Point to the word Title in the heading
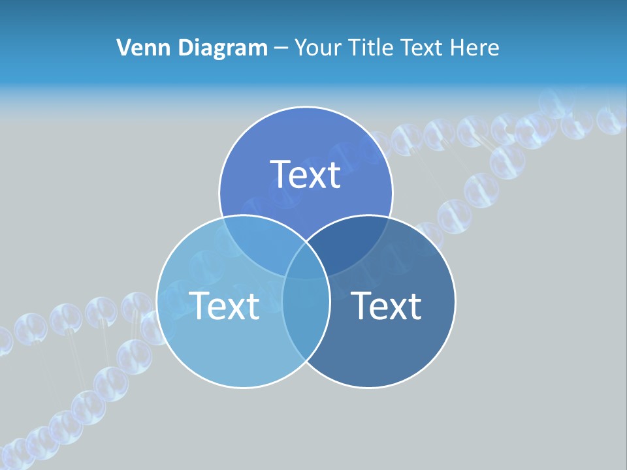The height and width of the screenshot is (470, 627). tap(372, 48)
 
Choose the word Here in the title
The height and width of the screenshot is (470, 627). tap(478, 48)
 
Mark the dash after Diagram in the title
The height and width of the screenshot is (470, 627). tap(281, 48)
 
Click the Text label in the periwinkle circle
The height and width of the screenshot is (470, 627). tap(306, 174)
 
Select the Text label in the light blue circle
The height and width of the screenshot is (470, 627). tap(224, 305)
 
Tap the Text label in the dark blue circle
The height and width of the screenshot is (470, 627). tap(386, 305)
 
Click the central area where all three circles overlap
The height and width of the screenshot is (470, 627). tap(306, 262)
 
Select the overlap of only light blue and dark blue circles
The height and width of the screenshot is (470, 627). tap(306, 320)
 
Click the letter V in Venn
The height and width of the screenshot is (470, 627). tap(123, 48)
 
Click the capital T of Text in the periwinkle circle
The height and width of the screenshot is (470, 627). tap(281, 174)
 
